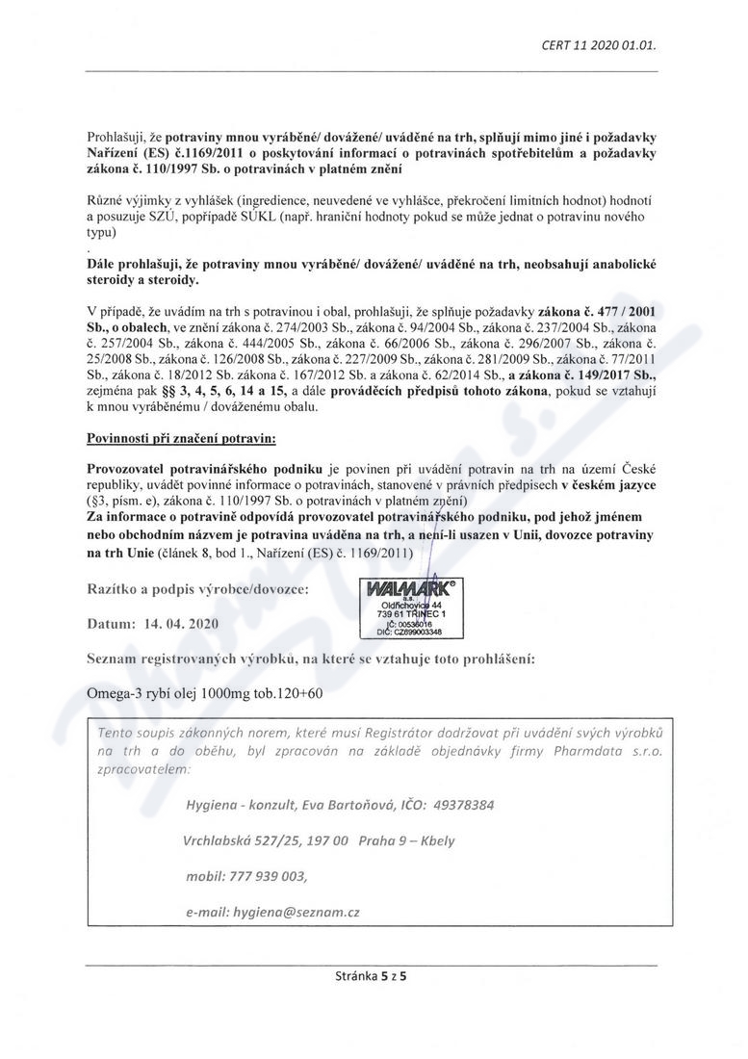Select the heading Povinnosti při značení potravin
click(x=181, y=438)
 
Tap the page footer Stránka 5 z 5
click(x=372, y=980)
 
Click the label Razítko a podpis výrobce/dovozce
click(x=198, y=589)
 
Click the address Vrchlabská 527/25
click(x=241, y=840)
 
